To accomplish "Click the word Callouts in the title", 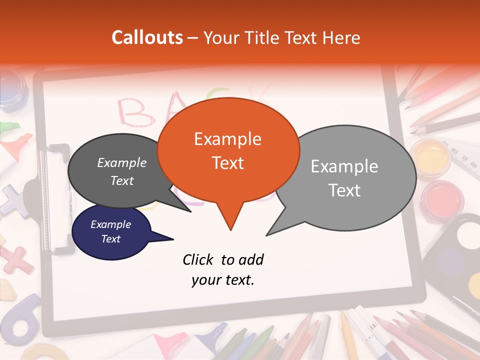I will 147,37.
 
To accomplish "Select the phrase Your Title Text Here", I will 281,37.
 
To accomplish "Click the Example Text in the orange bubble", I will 227,150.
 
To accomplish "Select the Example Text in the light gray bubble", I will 344,178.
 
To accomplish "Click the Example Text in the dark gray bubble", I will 122,171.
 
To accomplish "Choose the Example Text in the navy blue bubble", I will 110,231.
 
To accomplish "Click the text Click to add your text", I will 223,269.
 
